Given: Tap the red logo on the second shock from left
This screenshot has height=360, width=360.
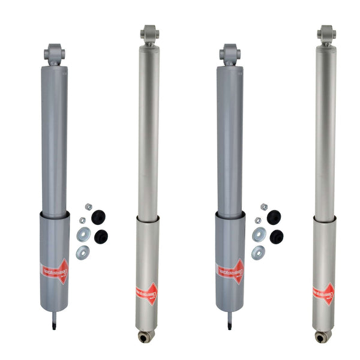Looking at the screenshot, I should pyautogui.click(x=147, y=293).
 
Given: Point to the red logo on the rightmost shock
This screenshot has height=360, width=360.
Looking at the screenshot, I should pyautogui.click(x=324, y=293).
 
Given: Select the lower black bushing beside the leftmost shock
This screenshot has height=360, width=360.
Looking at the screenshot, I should pyautogui.click(x=101, y=236).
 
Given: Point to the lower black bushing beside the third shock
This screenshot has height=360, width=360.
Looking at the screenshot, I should pyautogui.click(x=277, y=236).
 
